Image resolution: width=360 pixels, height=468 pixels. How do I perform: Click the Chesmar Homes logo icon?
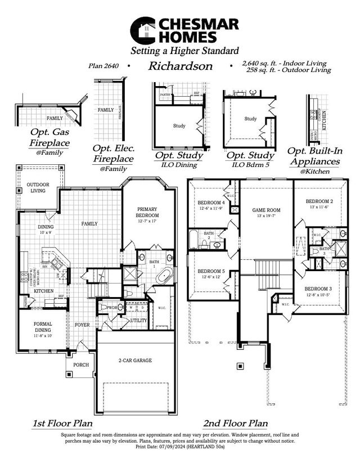coord(143,30)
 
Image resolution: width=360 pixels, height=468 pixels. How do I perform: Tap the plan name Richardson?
coord(180,66)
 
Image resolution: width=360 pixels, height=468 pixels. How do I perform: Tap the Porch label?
coord(81,364)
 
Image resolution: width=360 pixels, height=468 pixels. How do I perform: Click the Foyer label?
coord(82,325)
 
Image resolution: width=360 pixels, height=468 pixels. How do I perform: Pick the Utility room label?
coord(138,320)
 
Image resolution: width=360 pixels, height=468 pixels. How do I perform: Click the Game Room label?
coord(266,210)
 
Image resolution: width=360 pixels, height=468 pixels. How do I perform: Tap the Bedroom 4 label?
coord(211,202)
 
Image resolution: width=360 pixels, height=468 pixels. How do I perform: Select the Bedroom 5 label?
coord(211,271)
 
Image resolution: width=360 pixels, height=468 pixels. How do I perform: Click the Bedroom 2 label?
coord(319,201)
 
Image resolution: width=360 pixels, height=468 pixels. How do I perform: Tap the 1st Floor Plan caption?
coord(62,423)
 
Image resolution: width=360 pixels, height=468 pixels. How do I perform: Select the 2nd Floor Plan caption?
coord(235,423)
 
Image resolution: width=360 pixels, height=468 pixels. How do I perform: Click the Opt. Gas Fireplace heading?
coord(50,138)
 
